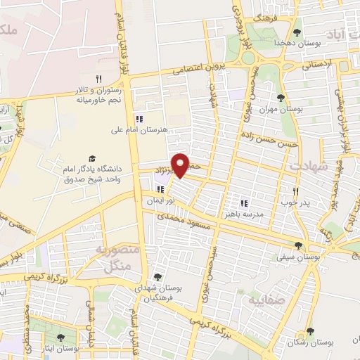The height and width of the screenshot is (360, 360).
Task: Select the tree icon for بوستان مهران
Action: pos(281,98)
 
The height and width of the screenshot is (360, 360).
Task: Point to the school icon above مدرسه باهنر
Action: pos(244,202)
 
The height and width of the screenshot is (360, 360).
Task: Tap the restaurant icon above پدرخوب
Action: pos(296,191)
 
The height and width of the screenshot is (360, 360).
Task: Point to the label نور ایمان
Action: pos(158,201)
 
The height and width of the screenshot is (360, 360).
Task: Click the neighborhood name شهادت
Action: pos(304,165)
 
